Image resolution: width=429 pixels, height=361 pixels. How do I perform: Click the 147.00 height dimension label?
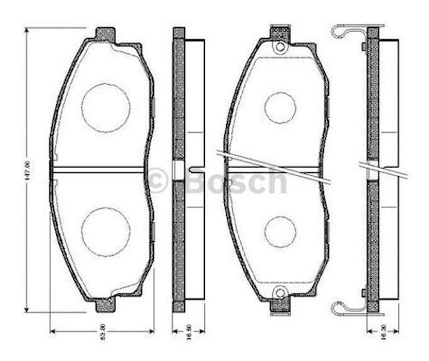click(26, 170)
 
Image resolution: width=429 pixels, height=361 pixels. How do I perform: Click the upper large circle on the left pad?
click(106, 108)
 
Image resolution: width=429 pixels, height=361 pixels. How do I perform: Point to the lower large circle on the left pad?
click(106, 232)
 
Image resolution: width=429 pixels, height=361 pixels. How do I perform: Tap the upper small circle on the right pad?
click(280, 108)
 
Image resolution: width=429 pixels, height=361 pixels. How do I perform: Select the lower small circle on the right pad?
click(280, 232)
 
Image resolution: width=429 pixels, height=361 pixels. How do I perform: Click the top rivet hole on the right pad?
click(280, 47)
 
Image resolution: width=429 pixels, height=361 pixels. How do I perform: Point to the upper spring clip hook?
click(340, 32)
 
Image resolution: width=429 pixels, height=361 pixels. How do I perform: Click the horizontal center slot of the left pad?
click(98, 170)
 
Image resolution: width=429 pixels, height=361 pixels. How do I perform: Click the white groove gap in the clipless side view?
click(179, 170)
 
